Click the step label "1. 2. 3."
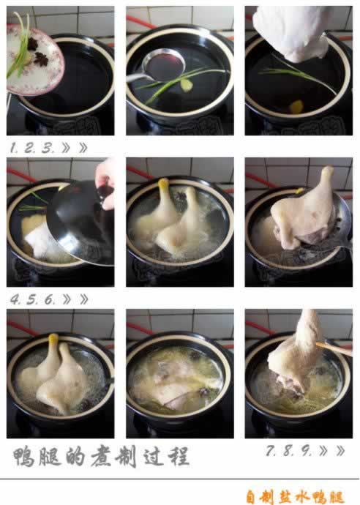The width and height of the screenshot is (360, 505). point(32,147)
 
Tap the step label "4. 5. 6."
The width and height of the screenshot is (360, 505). point(32,299)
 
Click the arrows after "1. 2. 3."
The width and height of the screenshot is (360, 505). point(75,147)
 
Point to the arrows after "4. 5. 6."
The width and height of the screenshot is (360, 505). point(75,299)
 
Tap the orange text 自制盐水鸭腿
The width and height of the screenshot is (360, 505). point(294,495)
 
